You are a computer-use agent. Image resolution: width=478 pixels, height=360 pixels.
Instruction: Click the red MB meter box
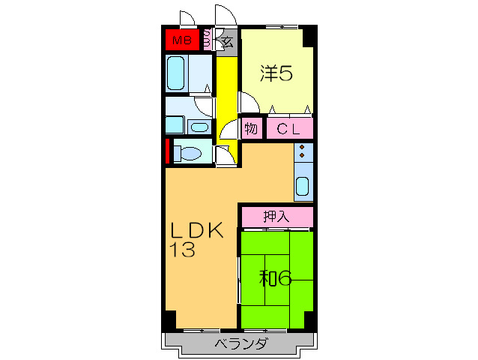click(x=182, y=40)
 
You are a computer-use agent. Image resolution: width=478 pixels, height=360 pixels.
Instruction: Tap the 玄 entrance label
click(x=228, y=42)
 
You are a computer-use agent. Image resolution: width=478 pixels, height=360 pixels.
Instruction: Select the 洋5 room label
click(x=276, y=73)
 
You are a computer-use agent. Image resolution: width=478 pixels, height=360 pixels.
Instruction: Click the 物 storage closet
click(x=252, y=128)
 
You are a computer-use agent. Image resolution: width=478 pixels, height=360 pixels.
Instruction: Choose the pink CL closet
click(x=290, y=128)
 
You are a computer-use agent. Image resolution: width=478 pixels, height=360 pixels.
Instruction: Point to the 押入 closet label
click(x=276, y=217)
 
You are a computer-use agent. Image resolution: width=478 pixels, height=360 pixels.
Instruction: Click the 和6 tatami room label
click(x=276, y=278)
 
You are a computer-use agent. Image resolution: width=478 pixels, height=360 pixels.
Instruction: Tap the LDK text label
click(x=197, y=230)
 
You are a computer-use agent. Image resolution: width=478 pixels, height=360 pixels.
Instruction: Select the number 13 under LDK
click(x=182, y=250)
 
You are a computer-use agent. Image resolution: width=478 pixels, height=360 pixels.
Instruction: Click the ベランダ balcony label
click(x=242, y=343)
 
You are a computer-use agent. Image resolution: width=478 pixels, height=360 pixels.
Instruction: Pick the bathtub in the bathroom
click(x=175, y=73)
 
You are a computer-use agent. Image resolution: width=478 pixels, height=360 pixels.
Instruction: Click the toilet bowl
click(x=188, y=153)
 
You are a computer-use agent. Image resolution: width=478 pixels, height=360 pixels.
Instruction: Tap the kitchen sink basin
click(x=303, y=186)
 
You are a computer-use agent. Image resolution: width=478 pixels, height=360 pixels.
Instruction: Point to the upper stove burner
click(x=302, y=147)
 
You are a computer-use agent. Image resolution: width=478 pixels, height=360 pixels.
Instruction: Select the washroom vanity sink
click(x=200, y=127)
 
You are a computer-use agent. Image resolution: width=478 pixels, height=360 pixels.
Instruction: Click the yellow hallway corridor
click(x=227, y=100)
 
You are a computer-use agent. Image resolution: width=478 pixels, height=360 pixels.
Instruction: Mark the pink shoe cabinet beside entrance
click(x=207, y=40)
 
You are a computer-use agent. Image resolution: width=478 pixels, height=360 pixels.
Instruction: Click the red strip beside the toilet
click(x=167, y=151)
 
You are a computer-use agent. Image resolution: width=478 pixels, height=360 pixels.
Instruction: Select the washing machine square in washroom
click(x=175, y=124)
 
